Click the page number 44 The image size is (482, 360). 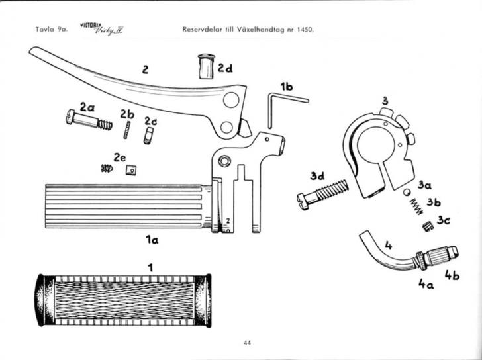(247, 342)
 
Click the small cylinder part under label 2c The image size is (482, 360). (149, 135)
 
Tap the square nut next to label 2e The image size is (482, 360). (131, 169)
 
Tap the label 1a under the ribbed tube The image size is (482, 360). (151, 241)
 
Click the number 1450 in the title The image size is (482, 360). (301, 30)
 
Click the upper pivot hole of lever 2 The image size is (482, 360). (230, 101)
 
